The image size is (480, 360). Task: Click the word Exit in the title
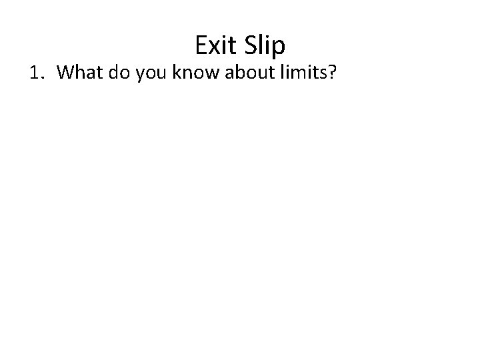(x=218, y=45)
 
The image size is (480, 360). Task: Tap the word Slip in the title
(x=265, y=45)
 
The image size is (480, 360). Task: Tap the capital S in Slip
(x=251, y=45)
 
